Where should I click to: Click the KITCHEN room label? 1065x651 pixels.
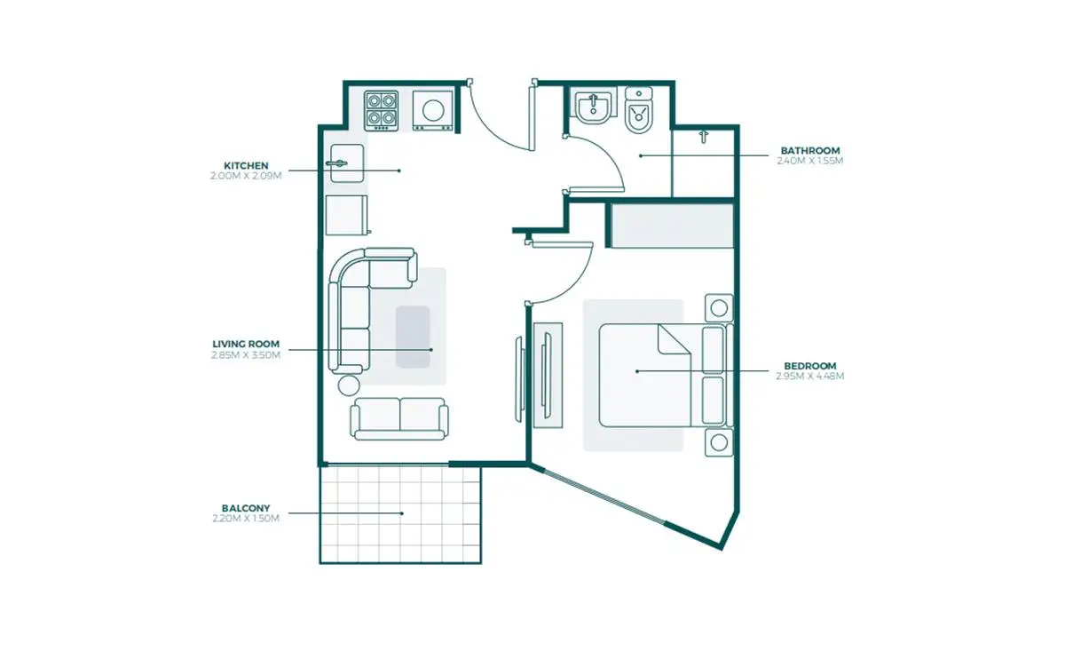[x=246, y=165]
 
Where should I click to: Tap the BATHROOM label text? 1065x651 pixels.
[x=810, y=150]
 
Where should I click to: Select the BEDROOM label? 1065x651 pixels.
[x=810, y=366]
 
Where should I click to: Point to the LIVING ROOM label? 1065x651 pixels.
[x=246, y=344]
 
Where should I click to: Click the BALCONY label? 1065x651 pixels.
[x=246, y=508]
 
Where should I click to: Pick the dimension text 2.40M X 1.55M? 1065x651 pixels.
[x=810, y=161]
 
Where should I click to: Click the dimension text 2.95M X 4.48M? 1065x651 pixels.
[x=810, y=376]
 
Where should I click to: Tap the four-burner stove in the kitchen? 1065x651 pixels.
[x=382, y=111]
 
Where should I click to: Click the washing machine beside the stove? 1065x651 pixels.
[x=433, y=111]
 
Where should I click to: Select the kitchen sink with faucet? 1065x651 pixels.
[x=347, y=163]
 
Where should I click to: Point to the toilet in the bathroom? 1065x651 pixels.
[x=638, y=110]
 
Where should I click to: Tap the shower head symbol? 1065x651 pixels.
[x=704, y=137]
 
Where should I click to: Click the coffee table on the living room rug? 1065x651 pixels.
[x=414, y=337]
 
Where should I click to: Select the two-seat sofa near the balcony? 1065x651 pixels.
[x=399, y=419]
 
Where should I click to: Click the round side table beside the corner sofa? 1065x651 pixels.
[x=349, y=385]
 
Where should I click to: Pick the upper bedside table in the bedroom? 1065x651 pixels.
[x=719, y=308]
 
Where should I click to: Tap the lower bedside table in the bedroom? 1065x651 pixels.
[x=719, y=442]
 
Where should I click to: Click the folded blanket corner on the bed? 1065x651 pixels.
[x=674, y=340]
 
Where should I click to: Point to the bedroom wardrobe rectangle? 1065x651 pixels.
[x=672, y=226]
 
